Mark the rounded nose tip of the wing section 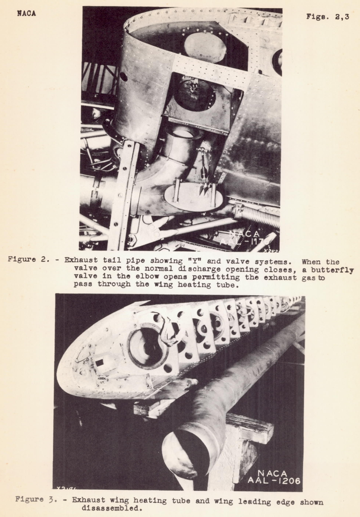pyautogui.click(x=63, y=376)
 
